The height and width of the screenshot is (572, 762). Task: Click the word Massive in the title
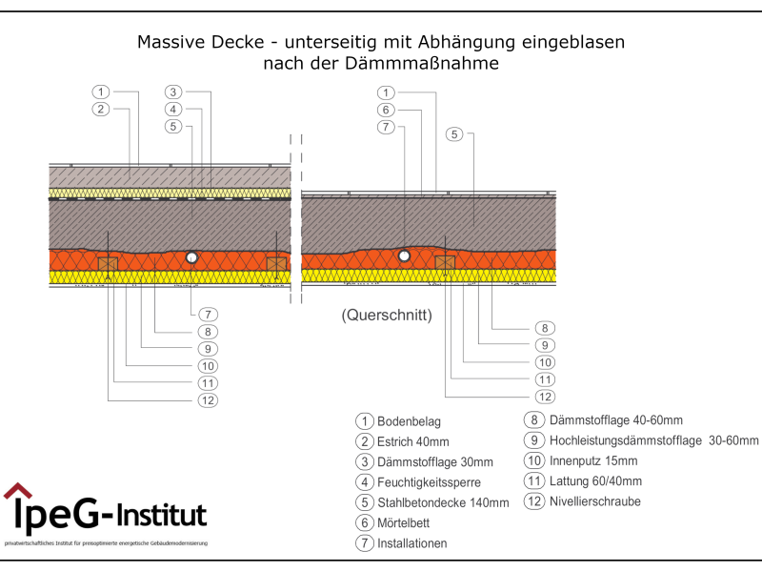172,42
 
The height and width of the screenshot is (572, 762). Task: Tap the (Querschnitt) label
387,316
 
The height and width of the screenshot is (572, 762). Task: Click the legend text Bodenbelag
409,421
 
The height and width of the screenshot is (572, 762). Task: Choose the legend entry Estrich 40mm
412,441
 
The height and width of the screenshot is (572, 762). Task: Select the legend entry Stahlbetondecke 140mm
443,502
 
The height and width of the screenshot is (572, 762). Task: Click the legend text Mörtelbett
407,522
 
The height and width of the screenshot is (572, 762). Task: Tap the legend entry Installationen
411,543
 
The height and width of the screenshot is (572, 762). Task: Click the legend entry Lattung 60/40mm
596,480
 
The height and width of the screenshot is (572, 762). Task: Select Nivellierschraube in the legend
595,501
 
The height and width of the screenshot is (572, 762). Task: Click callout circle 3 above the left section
172,92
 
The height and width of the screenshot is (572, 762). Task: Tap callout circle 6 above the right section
386,110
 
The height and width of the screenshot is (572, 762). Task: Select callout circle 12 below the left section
209,400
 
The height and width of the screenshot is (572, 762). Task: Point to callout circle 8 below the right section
545,328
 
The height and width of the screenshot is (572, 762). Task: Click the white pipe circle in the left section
191,257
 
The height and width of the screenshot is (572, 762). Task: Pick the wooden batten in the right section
445,262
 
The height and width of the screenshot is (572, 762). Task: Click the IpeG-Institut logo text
110,515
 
